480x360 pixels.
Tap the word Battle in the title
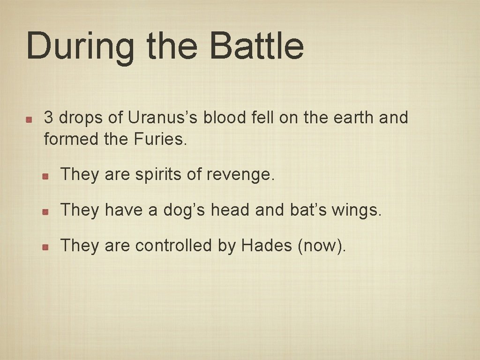(x=256, y=46)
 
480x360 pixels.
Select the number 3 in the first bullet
(x=48, y=118)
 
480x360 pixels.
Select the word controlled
(x=173, y=245)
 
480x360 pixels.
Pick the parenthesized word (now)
(x=322, y=246)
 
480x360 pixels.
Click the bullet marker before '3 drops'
(x=29, y=119)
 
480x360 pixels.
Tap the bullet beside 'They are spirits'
(x=45, y=176)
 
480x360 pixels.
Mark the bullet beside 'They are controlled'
(x=45, y=247)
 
